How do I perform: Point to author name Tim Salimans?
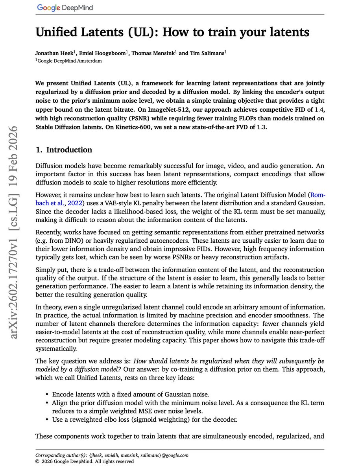click(x=207, y=53)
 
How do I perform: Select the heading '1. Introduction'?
click(x=64, y=150)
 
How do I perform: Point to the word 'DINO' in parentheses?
click(x=72, y=241)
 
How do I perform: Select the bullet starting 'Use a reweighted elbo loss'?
click(x=144, y=419)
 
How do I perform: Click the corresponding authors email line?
click(x=112, y=455)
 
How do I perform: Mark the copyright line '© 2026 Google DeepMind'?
click(x=85, y=461)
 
